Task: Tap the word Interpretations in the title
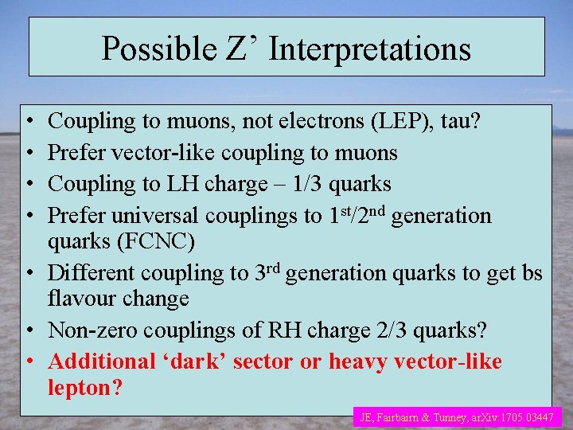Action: [370, 49]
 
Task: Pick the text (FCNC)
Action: [159, 240]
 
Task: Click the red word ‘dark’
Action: [209, 362]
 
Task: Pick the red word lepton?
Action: [86, 388]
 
